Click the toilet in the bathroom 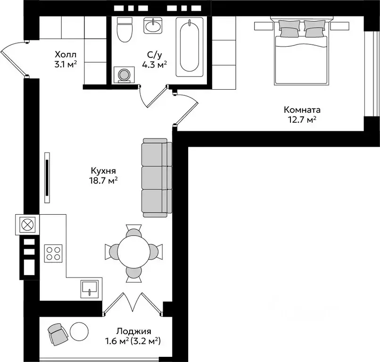[125, 30]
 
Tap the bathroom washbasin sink [153, 25]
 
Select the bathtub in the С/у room [190, 47]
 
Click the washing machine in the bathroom [124, 75]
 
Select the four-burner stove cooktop [53, 253]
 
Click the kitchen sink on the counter [90, 289]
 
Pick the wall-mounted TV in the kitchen [47, 177]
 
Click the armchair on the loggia [58, 334]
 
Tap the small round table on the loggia [79, 332]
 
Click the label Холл [66, 54]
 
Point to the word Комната [302, 110]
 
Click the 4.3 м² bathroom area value [154, 65]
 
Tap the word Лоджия [134, 331]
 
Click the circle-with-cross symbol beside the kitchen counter [27, 225]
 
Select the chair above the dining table [134, 230]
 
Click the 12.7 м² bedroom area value [302, 119]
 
